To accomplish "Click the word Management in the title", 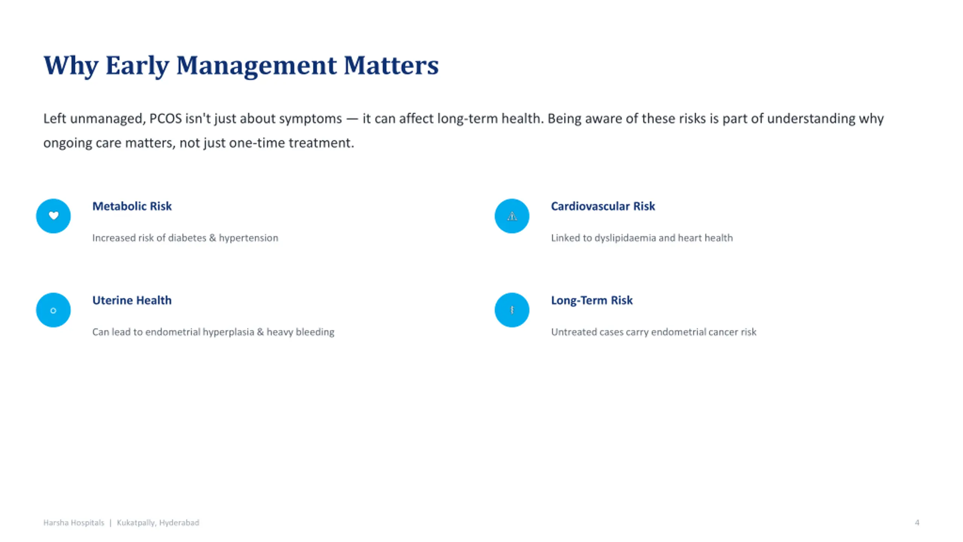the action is (x=256, y=66).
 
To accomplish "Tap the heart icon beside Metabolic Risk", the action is (x=53, y=216).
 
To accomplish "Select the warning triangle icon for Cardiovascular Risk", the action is (x=512, y=216).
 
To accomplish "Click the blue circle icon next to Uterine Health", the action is (x=53, y=310).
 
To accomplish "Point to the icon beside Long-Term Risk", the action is (x=512, y=310).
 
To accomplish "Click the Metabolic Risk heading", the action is (x=132, y=206).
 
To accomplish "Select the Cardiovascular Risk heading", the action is (x=603, y=206).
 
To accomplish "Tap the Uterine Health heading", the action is (x=132, y=300).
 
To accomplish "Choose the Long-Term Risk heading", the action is (x=592, y=300).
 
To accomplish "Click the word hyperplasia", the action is (x=228, y=332).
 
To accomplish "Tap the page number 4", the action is (x=917, y=522).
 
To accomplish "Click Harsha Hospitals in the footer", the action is (x=74, y=522).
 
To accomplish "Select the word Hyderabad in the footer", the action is (x=179, y=522).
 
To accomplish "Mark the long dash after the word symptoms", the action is (x=352, y=119).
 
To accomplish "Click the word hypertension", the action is (x=248, y=238).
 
